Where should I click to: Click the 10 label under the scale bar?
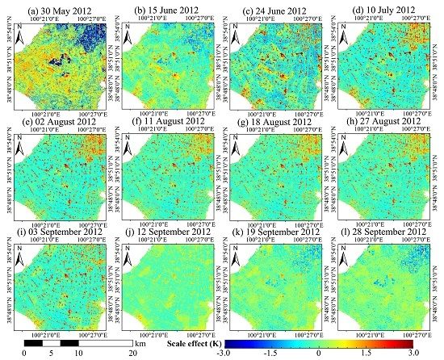[x=77, y=353]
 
